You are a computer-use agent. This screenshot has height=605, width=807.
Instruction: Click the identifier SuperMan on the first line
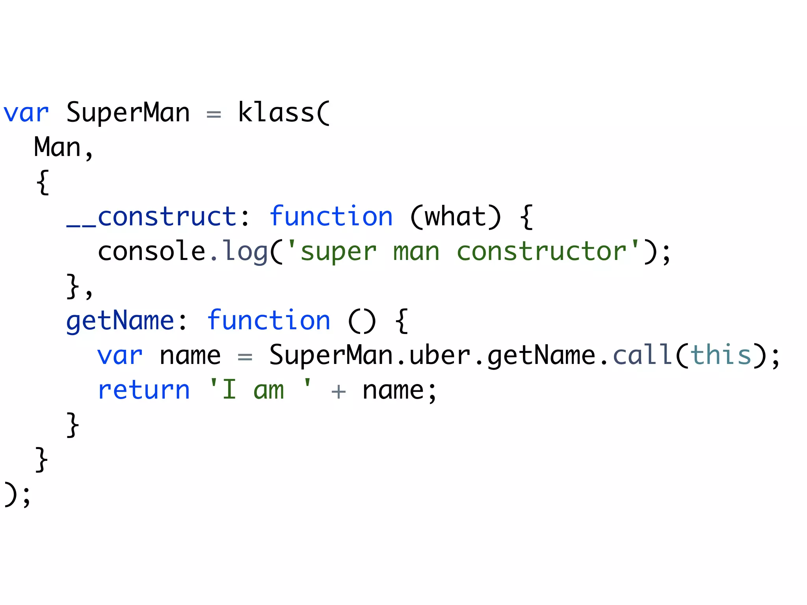[x=128, y=113]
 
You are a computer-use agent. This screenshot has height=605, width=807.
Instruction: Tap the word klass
[x=276, y=113]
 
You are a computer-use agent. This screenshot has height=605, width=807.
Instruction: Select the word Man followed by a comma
[x=58, y=147]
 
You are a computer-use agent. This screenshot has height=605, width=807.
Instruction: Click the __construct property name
[x=151, y=217]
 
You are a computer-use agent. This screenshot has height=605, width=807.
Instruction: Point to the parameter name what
[x=455, y=217]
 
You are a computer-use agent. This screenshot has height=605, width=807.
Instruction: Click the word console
[x=151, y=251]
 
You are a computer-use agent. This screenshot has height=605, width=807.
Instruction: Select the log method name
[x=245, y=252]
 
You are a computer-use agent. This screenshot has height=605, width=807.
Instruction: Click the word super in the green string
[x=338, y=252]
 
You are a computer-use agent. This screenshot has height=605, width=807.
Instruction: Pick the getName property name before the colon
[x=120, y=321]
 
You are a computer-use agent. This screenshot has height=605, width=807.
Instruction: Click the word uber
[x=440, y=355]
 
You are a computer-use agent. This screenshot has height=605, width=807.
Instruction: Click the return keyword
[x=144, y=390]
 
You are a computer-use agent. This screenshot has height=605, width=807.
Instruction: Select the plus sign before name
[x=338, y=392]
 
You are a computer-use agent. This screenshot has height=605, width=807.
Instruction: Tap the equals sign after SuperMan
[x=214, y=115]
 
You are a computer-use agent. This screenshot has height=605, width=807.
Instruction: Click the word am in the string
[x=268, y=390]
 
